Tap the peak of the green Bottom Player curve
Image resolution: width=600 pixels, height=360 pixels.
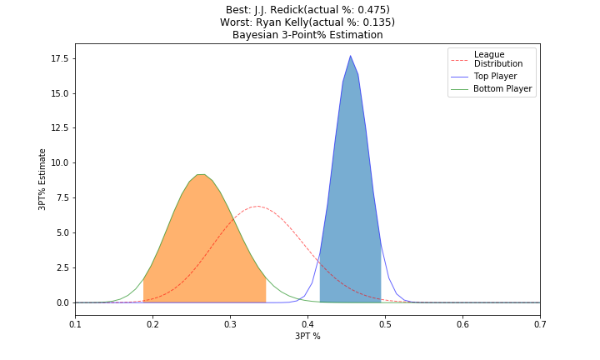[201, 174]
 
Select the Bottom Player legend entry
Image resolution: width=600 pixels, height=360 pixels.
[497, 88]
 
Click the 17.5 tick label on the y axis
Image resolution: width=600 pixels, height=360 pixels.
[57, 57]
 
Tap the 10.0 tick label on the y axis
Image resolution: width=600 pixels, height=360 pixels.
[57, 162]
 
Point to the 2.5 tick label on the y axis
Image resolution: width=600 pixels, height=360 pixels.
[61, 267]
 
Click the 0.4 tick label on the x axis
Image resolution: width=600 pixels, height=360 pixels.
[307, 323]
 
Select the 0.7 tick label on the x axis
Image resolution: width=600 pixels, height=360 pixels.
[540, 323]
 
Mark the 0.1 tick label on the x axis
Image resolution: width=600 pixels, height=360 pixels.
[75, 323]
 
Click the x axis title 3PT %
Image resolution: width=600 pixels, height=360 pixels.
[307, 337]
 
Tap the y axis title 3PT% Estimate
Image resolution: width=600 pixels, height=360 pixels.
[42, 179]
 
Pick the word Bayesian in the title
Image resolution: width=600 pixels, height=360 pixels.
[256, 35]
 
